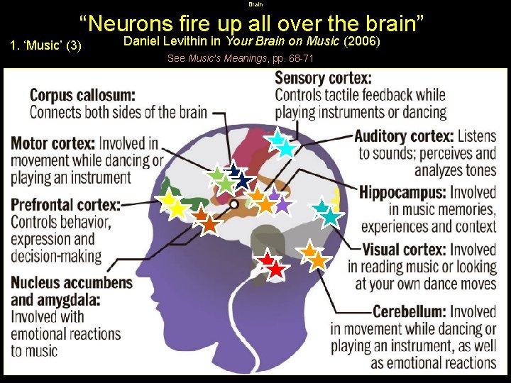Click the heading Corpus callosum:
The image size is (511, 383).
pyautogui.click(x=82, y=94)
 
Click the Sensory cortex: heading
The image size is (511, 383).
pyautogui.click(x=323, y=78)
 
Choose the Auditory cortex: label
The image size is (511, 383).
pyautogui.click(x=402, y=135)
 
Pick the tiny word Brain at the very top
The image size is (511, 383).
pyautogui.click(x=255, y=4)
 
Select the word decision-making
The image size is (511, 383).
pyautogui.click(x=56, y=255)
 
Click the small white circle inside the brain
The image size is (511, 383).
pyautogui.click(x=233, y=204)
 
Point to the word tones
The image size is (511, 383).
pyautogui.click(x=477, y=170)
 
